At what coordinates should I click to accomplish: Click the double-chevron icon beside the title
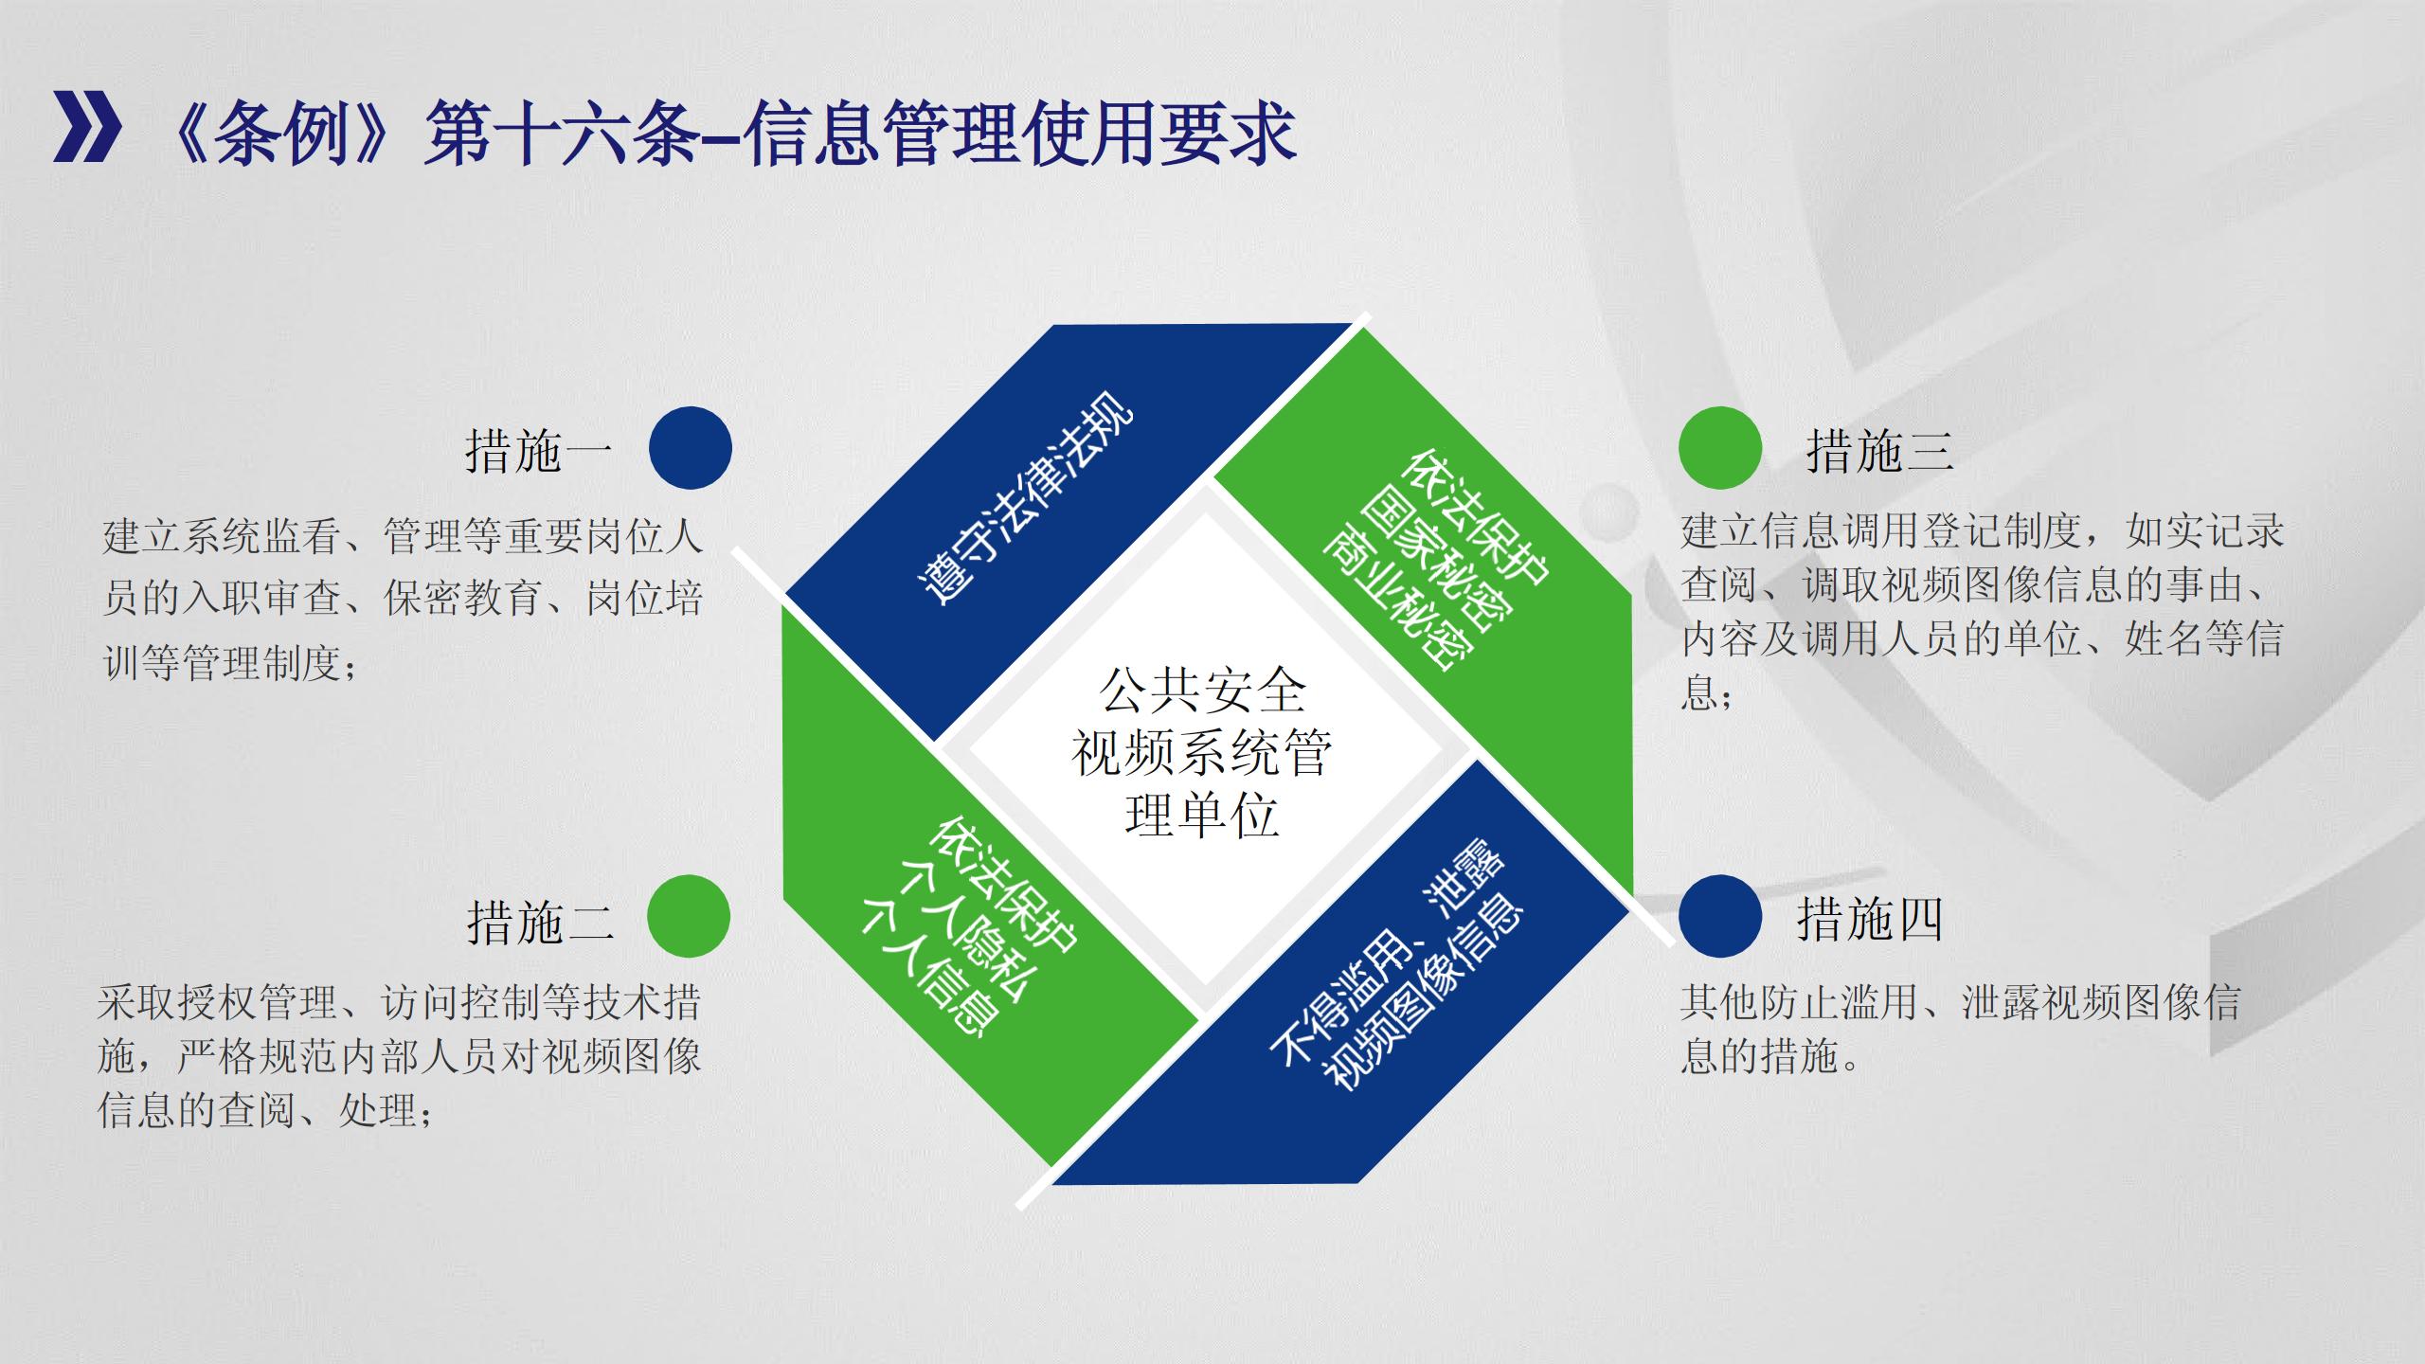pos(87,127)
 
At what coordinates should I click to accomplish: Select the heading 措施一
pos(539,450)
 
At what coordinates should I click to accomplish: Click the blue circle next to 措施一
pos(691,448)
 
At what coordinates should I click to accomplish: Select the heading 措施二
pos(540,920)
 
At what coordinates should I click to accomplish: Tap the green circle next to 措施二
pos(689,916)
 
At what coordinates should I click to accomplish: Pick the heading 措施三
pos(1880,450)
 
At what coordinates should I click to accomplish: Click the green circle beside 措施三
pos(1720,448)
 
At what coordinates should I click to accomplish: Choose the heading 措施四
pos(1871,919)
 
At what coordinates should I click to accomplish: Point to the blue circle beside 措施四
pos(1720,916)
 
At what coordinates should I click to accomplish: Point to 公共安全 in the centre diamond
pos(1203,691)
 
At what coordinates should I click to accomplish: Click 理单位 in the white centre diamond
pos(1203,816)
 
